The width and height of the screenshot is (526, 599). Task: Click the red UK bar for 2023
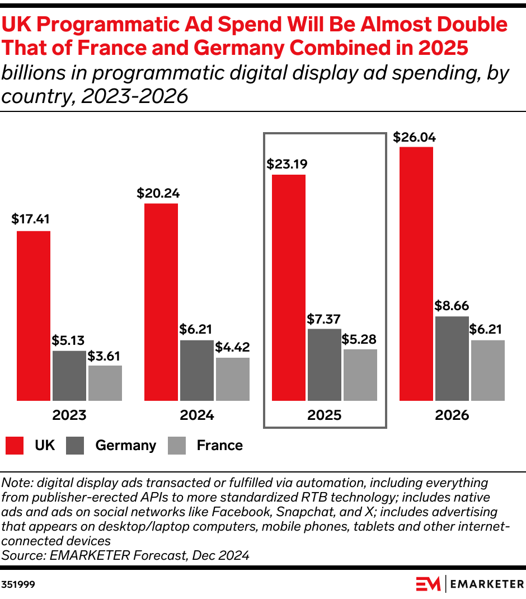pos(34,316)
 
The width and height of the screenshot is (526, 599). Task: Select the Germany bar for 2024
pos(196,370)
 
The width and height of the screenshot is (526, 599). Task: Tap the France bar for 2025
pos(360,375)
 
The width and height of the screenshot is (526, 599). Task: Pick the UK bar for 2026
pos(416,274)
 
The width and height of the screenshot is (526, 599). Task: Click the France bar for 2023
pos(105,383)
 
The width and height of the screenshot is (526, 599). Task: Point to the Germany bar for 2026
pos(452,358)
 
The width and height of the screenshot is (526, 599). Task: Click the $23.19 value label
pos(287,165)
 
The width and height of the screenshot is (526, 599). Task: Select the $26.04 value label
pos(415,137)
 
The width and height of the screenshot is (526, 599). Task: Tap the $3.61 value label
pos(105,356)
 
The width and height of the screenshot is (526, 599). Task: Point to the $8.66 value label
pos(452,306)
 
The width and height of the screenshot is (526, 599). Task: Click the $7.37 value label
pos(324,319)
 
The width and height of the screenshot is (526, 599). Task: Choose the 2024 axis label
pos(196,415)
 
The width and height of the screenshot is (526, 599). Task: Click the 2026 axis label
pos(452,415)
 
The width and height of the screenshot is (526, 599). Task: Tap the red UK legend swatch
pos(15,446)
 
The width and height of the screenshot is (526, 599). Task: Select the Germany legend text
pos(125,446)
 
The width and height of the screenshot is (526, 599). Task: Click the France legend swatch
pos(177,446)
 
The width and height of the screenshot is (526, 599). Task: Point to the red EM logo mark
pos(429,584)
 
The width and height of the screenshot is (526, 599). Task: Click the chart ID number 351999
pos(19,584)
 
